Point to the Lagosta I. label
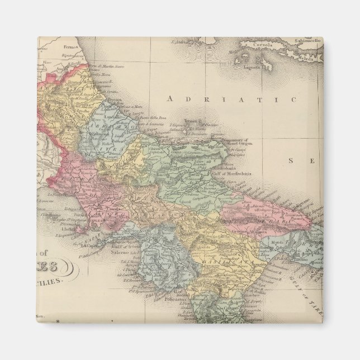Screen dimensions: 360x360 click(x=253, y=67)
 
